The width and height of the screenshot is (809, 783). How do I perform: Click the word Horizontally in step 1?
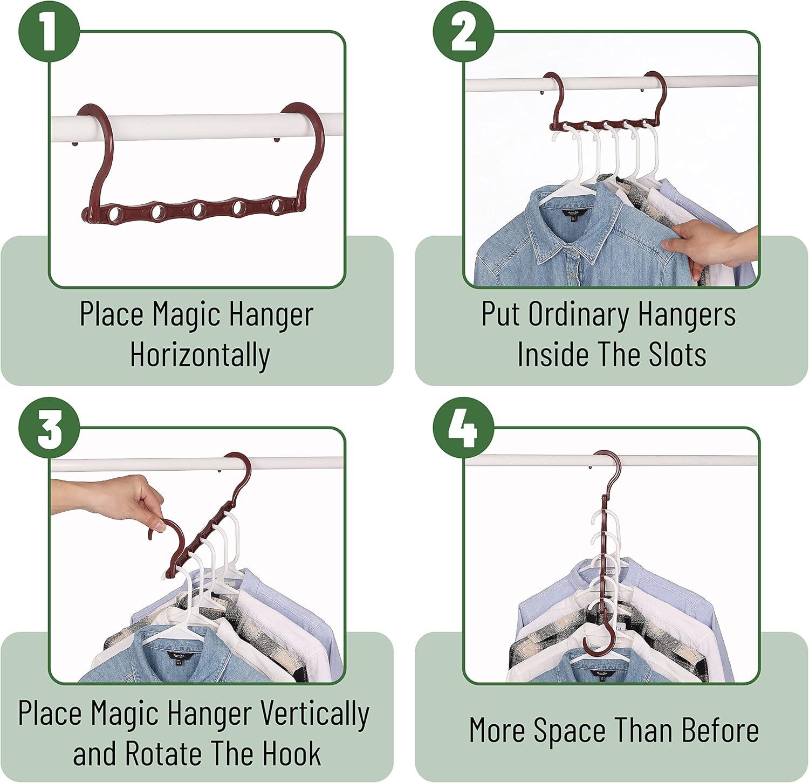[200, 355]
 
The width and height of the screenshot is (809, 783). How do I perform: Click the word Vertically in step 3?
[314, 713]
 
